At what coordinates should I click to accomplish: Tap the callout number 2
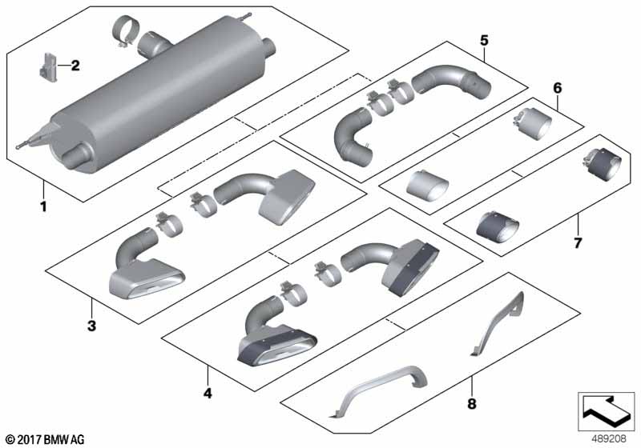[75, 66]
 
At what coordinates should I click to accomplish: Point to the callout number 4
[208, 393]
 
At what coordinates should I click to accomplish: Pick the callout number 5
[483, 38]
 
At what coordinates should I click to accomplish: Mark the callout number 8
[471, 405]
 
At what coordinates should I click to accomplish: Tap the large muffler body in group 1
[160, 104]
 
